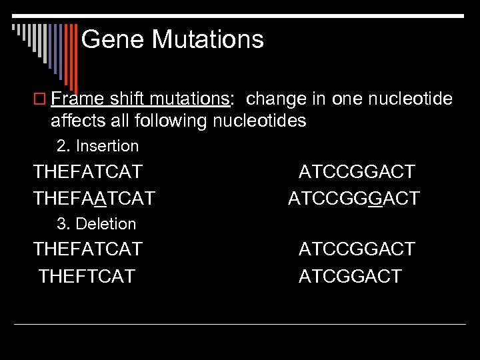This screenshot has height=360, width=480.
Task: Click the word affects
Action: (x=79, y=121)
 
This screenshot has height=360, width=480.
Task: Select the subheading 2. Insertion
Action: (x=97, y=146)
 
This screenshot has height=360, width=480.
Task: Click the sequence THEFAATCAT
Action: (x=94, y=198)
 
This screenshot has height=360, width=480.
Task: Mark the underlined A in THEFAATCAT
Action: (x=99, y=198)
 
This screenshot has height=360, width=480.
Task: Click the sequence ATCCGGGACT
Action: (x=354, y=198)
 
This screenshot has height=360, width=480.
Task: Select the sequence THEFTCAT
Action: (x=87, y=276)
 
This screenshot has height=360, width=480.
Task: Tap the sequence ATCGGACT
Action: (x=350, y=276)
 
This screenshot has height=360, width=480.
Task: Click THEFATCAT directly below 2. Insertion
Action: (x=88, y=172)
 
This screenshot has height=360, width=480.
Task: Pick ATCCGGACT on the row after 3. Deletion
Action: (x=356, y=249)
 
